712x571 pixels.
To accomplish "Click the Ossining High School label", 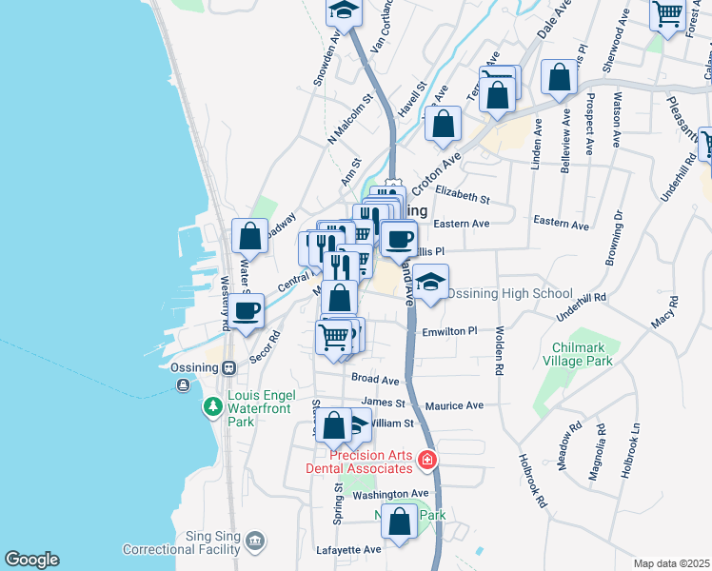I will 510,293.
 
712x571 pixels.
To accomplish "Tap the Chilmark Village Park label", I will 576,354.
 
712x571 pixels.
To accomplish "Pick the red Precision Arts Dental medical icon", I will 426,461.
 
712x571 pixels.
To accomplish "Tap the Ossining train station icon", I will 228,368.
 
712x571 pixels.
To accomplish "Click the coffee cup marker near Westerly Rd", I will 247,309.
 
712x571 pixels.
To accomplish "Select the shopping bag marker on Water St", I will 249,236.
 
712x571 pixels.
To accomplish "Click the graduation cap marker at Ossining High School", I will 431,282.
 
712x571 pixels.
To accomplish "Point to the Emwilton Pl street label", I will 450,331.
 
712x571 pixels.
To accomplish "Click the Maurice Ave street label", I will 455,405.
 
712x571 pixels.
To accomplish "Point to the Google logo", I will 31,560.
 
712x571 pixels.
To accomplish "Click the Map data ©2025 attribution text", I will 672,563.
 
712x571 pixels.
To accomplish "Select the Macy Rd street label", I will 666,313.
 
